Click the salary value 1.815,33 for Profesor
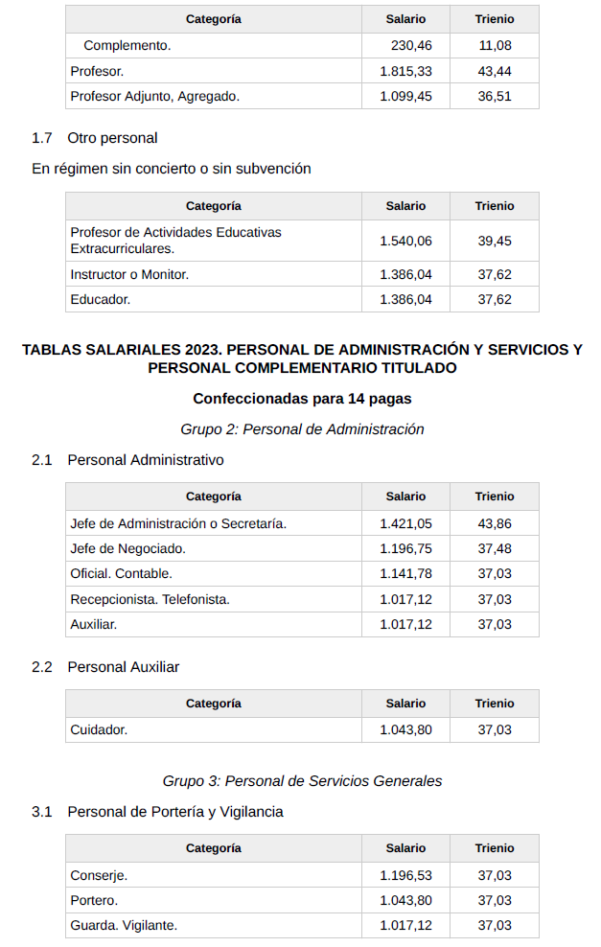tap(405, 71)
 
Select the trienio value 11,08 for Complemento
tap(495, 45)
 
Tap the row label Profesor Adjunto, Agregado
tap(154, 96)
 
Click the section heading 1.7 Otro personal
tap(95, 138)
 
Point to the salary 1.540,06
tap(405, 241)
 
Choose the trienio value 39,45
tap(495, 241)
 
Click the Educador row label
tap(100, 299)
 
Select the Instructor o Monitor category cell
tap(129, 274)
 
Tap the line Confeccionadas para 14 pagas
tap(302, 398)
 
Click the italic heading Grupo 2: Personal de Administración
tap(302, 429)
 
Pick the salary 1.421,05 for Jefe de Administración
tap(405, 523)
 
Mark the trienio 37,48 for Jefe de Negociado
tap(495, 548)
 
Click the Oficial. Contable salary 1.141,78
tap(405, 573)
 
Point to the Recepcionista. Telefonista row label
tap(150, 599)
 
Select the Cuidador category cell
tap(99, 729)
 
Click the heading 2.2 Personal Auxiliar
tap(105, 667)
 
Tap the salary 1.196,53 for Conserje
tap(405, 875)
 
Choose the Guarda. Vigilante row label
tap(124, 925)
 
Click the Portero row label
tap(94, 900)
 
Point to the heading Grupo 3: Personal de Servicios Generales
tap(302, 781)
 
